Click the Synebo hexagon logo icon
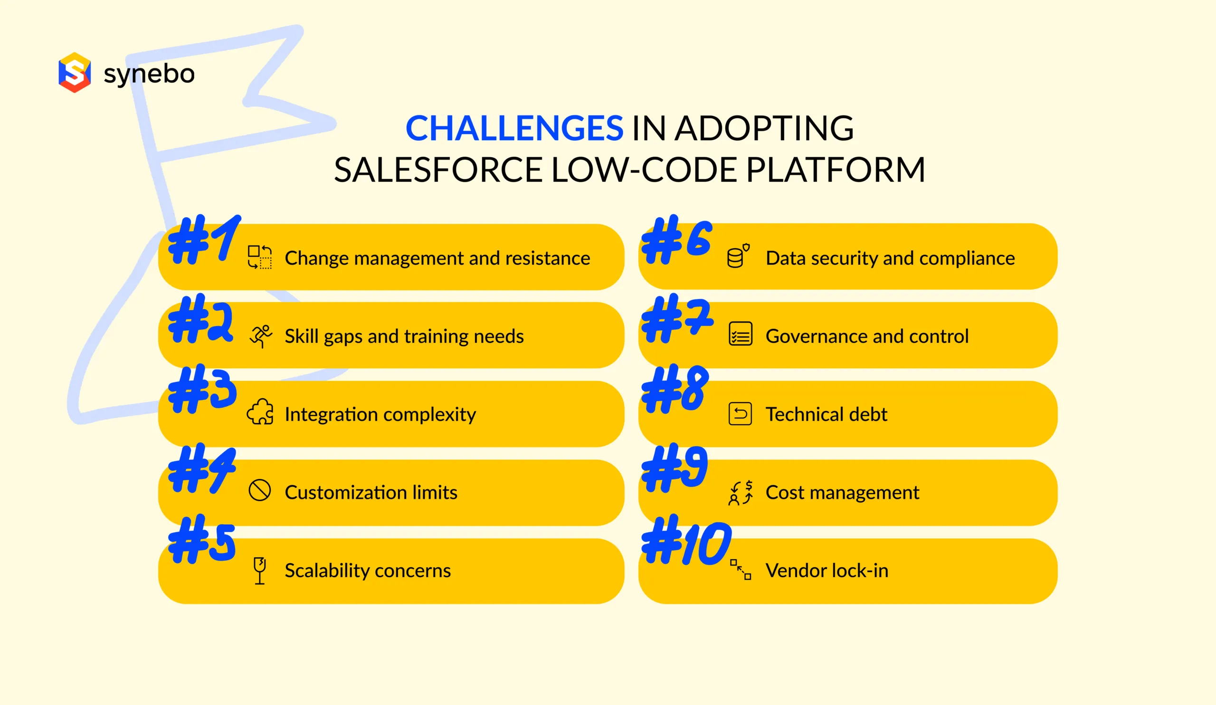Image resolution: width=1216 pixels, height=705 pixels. (x=74, y=72)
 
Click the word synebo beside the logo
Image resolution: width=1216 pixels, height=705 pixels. (x=149, y=74)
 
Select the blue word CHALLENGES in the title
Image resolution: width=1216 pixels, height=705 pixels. (x=514, y=128)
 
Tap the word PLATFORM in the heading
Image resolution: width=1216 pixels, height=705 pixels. (x=835, y=170)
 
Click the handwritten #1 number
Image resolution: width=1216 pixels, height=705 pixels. (x=204, y=240)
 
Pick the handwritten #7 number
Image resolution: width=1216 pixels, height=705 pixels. (x=677, y=319)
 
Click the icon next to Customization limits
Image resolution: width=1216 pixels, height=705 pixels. (x=260, y=491)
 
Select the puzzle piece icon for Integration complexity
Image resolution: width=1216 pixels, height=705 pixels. (x=260, y=412)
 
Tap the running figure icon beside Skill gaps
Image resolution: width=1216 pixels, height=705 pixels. (x=261, y=336)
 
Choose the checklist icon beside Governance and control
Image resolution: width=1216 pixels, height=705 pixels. (x=740, y=334)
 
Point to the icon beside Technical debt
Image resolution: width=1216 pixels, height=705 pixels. (x=740, y=413)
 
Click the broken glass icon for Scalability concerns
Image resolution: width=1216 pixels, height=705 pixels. (x=260, y=571)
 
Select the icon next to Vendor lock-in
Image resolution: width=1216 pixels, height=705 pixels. (x=740, y=570)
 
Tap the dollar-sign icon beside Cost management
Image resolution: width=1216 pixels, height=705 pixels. (x=740, y=493)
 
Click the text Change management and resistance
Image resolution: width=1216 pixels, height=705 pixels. (x=437, y=258)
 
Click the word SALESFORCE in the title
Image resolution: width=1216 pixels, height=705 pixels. (x=438, y=170)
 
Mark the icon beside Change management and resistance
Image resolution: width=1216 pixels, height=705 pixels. (x=260, y=257)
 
